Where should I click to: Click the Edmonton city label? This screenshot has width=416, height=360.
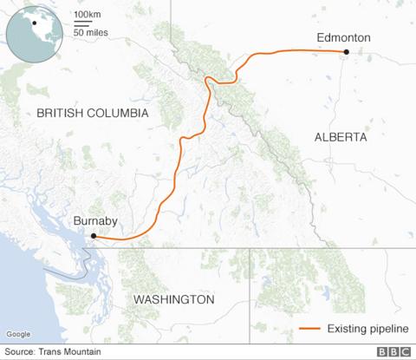pyautogui.click(x=343, y=38)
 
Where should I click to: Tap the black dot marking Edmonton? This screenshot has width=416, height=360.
pyautogui.click(x=346, y=52)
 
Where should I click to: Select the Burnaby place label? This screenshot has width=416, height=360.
pyautogui.click(x=94, y=221)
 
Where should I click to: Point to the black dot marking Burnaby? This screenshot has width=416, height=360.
pyautogui.click(x=94, y=235)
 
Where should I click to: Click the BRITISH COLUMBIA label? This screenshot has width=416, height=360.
pyautogui.click(x=93, y=114)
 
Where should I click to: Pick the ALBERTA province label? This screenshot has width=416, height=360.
pyautogui.click(x=341, y=137)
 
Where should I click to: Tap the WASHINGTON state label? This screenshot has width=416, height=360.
pyautogui.click(x=173, y=299)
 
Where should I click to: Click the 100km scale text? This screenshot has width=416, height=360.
pyautogui.click(x=87, y=16)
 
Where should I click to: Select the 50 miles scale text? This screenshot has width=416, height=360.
pyautogui.click(x=90, y=32)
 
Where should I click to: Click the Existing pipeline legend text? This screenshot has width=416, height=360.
pyautogui.click(x=363, y=329)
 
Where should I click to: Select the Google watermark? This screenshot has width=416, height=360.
pyautogui.click(x=17, y=334)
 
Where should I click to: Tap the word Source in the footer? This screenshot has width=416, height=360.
pyautogui.click(x=20, y=351)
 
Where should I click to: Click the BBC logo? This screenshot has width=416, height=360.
pyautogui.click(x=393, y=351)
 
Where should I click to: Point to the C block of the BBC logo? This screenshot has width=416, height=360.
pyautogui.click(x=406, y=351)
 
